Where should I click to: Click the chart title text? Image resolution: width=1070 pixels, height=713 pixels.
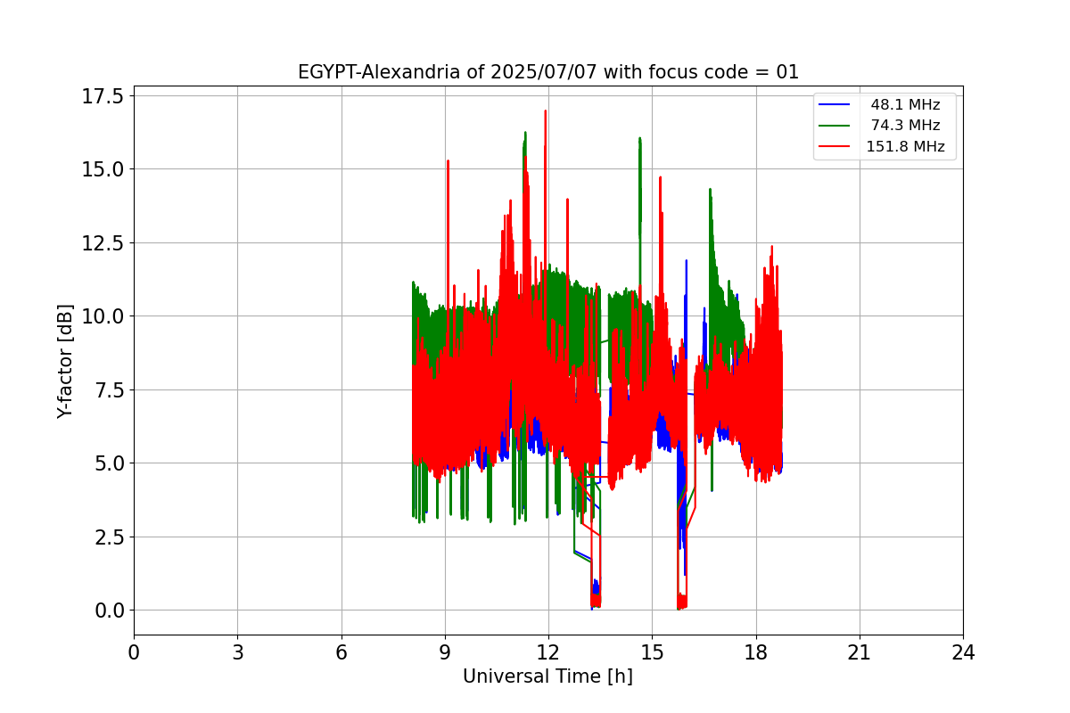tap(547, 72)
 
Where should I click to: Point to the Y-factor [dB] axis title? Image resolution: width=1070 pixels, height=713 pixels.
tap(65, 362)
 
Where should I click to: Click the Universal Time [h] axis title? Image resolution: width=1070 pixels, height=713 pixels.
tap(547, 676)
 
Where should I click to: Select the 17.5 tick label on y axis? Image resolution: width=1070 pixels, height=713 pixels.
tap(103, 96)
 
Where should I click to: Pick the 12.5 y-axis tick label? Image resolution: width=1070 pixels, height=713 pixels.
tap(103, 243)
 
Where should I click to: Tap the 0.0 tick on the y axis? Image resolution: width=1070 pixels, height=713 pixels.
tap(110, 611)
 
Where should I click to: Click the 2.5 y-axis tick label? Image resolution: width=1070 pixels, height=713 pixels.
tap(110, 537)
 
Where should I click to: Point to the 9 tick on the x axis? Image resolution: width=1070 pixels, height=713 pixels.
tap(445, 652)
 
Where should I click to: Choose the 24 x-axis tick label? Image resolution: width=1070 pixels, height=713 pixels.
tap(963, 652)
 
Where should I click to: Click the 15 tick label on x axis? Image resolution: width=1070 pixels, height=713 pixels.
tap(652, 652)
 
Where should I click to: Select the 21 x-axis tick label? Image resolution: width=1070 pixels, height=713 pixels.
tap(860, 652)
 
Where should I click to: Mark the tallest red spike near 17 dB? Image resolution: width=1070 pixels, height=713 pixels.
tap(545, 111)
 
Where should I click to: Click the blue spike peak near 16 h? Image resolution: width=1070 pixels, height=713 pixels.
tap(687, 261)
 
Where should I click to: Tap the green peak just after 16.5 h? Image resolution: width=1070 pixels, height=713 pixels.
tap(710, 190)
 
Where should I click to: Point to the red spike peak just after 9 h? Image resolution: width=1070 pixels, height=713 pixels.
tap(448, 161)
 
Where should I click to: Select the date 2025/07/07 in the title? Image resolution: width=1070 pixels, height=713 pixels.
tap(544, 72)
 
